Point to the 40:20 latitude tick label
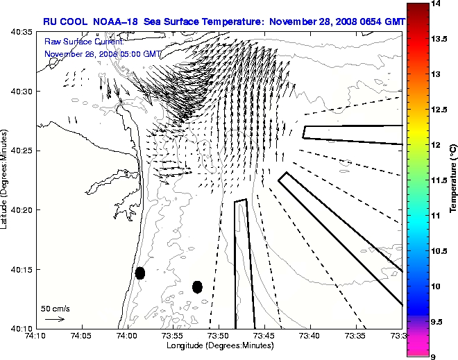tap(21, 209)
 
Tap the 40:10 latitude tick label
tap(21, 327)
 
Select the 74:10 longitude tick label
tap(35, 336)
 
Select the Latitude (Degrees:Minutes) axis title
tap(6, 180)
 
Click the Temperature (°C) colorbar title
tap(452, 180)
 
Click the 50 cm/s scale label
tap(55, 308)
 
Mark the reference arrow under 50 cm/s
tap(55, 319)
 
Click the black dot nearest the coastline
tap(140, 273)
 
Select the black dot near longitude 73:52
tap(197, 286)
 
